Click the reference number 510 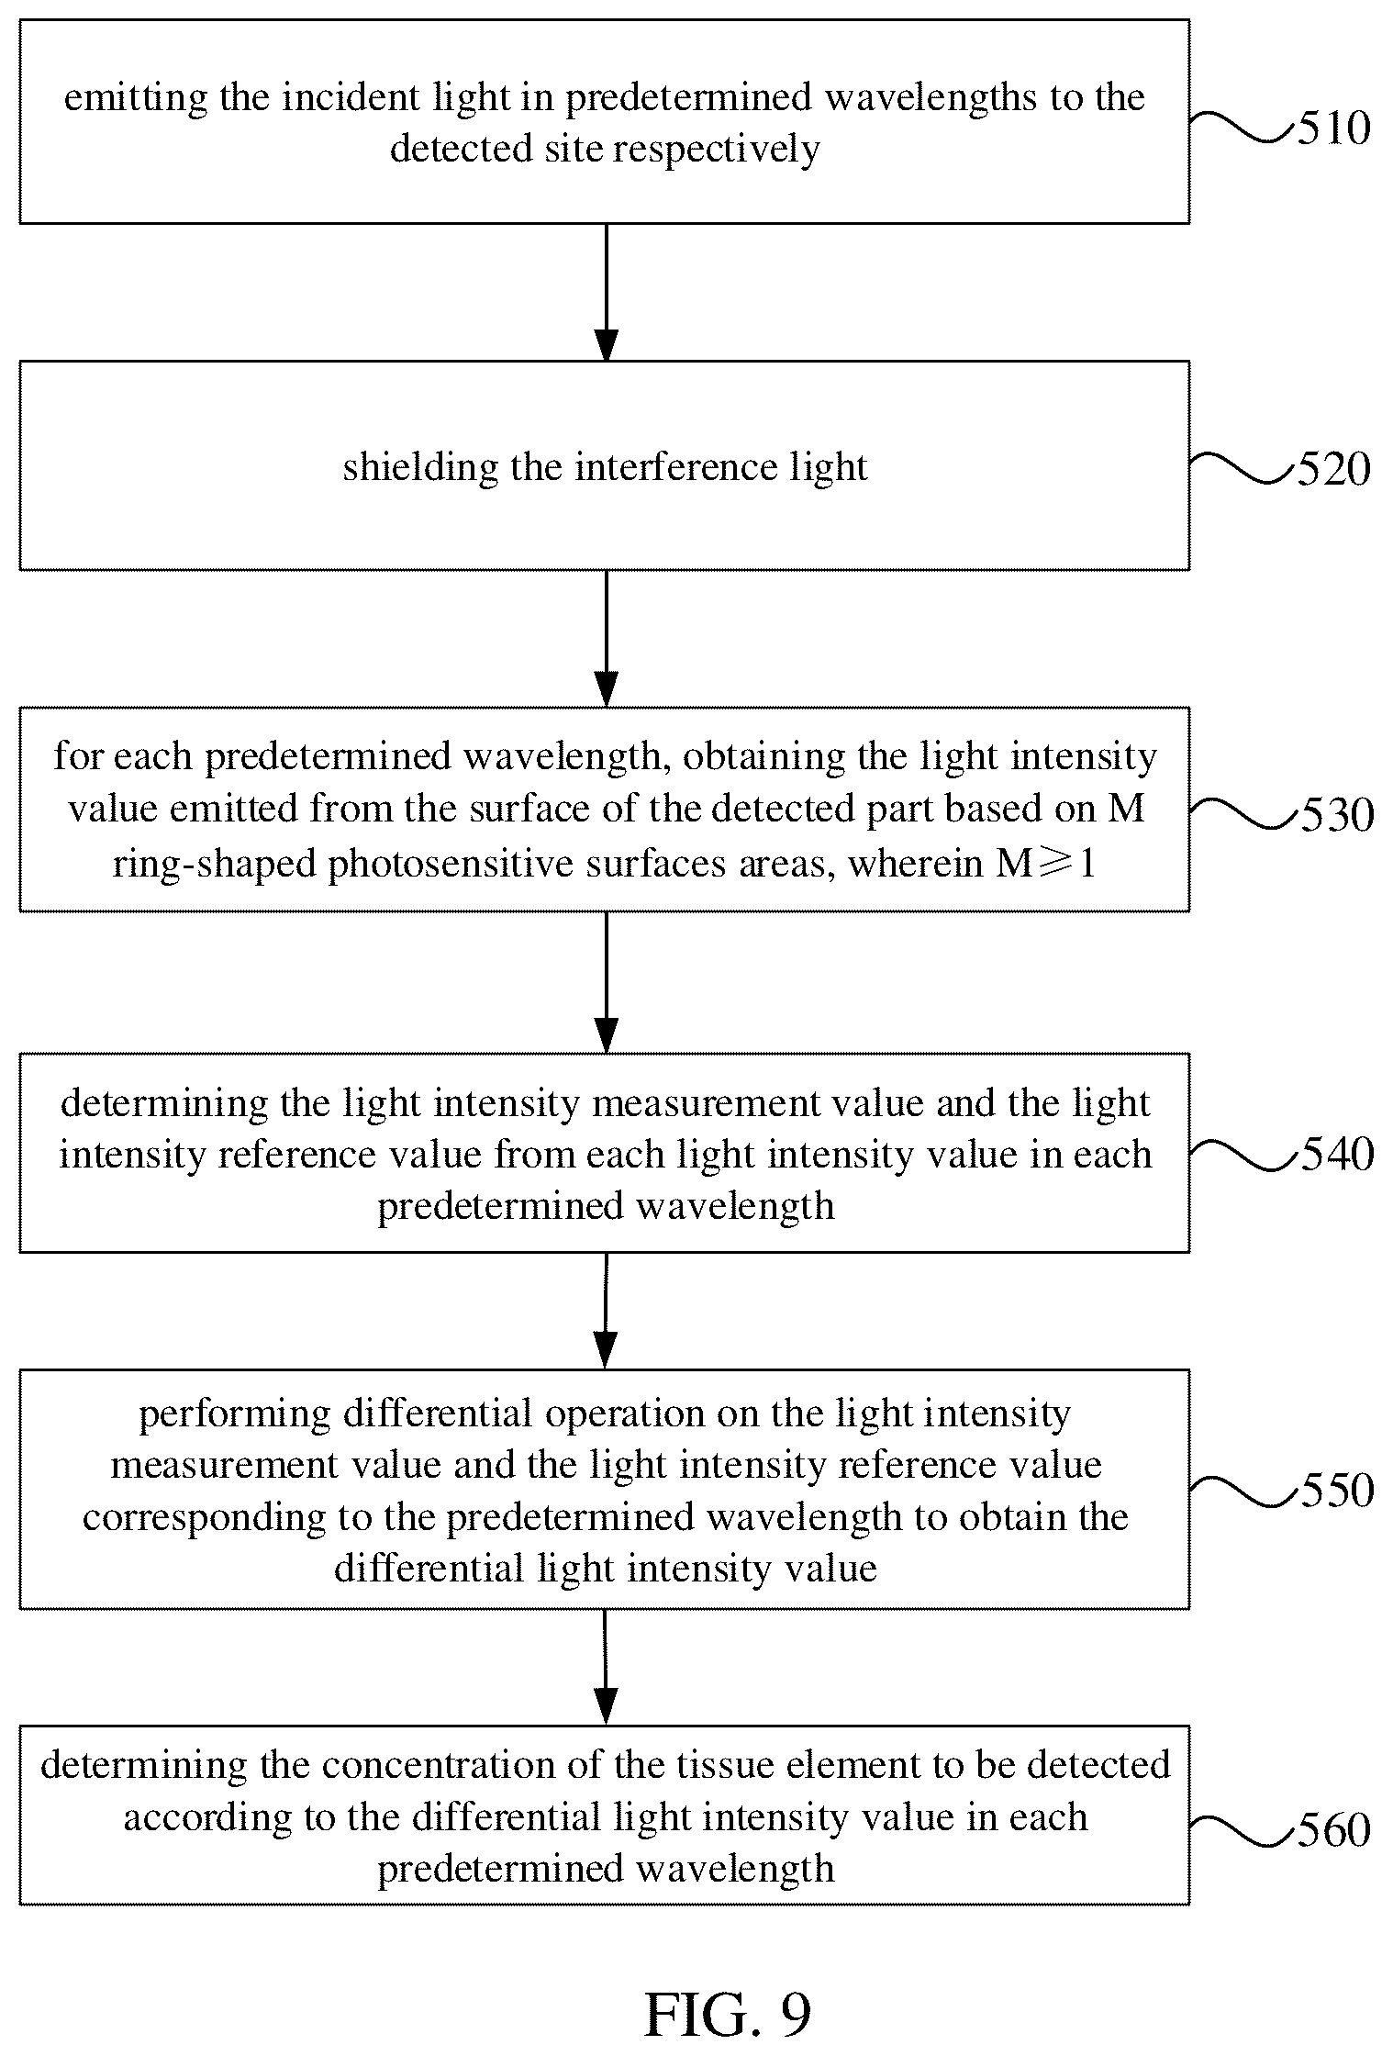[1333, 129]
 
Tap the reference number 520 [1333, 470]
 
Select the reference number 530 [1337, 815]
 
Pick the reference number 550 [1337, 1491]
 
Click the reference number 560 [1333, 1830]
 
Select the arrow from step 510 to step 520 [606, 292]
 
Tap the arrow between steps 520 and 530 [606, 638]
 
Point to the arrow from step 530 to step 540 [606, 982]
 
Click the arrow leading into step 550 [606, 1311]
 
